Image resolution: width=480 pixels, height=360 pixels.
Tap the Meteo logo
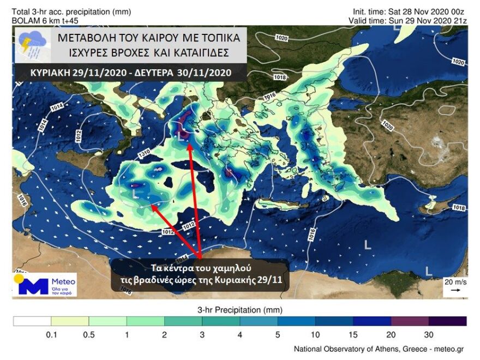(x=45, y=285)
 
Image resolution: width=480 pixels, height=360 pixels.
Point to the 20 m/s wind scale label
(x=455, y=282)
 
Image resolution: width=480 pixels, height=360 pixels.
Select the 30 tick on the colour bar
(x=429, y=334)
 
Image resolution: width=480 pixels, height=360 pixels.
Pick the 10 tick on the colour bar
(x=315, y=334)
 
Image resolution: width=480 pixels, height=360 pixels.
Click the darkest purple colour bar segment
(x=447, y=321)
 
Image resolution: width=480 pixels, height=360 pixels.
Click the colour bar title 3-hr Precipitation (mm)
(x=239, y=310)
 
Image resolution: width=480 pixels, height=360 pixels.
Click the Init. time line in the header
(x=409, y=11)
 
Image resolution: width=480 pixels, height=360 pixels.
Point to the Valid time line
(x=409, y=20)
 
